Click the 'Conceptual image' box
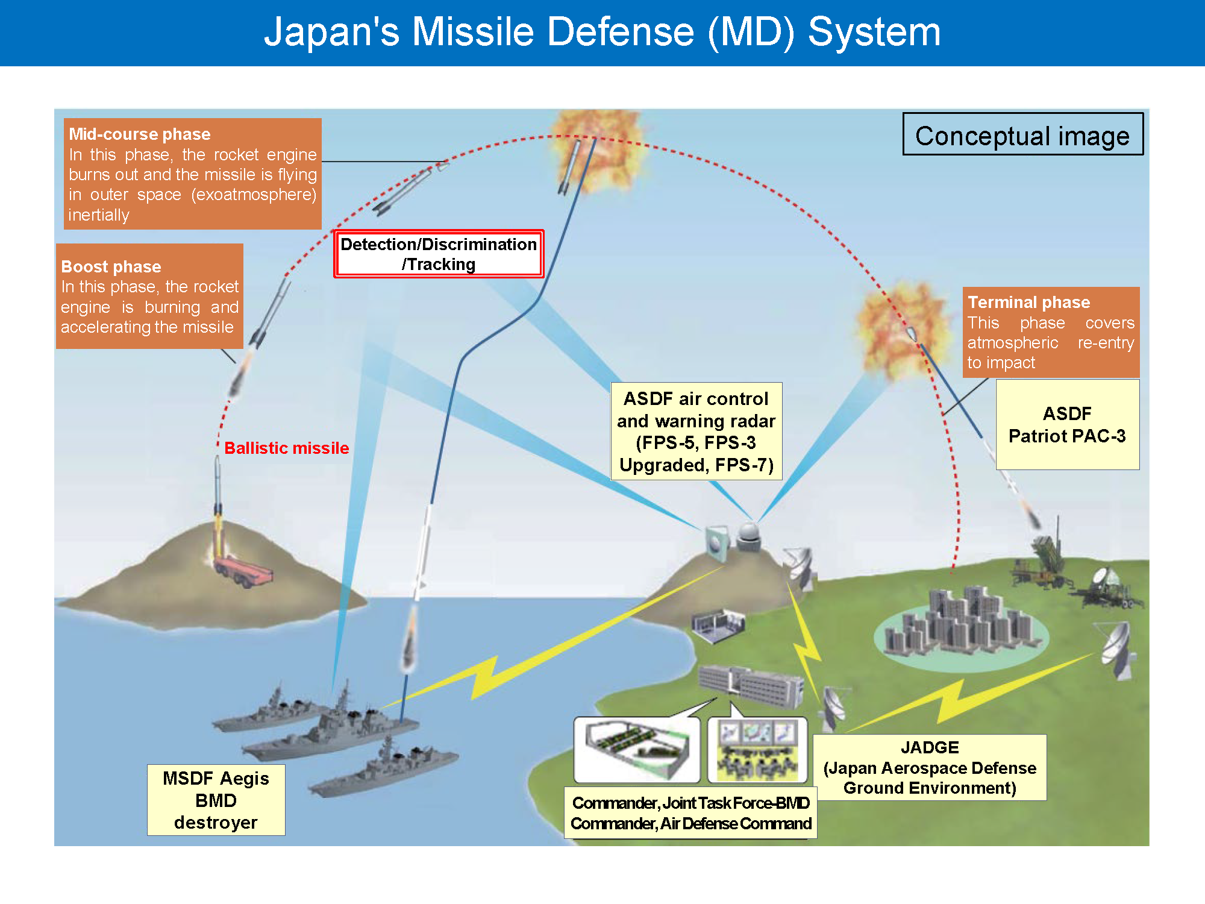point(1022,134)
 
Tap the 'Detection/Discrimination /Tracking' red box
point(439,254)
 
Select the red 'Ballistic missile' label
point(286,448)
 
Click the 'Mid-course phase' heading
point(139,134)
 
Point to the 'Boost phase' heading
point(111,266)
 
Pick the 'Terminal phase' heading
point(1028,302)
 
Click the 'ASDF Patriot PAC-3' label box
point(1067,424)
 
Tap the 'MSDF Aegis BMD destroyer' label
point(216,800)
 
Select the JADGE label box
point(929,767)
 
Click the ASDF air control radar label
point(696,432)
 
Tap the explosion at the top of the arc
point(593,154)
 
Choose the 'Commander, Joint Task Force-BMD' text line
point(690,803)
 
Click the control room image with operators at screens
point(757,750)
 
